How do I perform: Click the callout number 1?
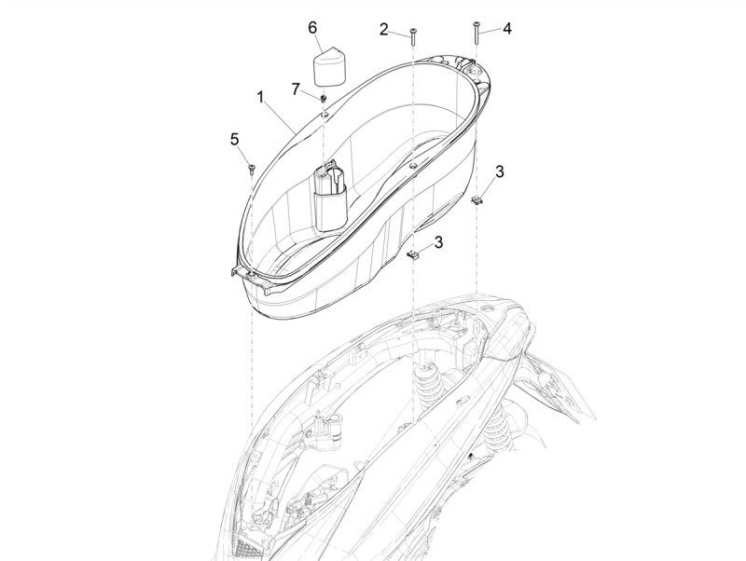pyautogui.click(x=260, y=98)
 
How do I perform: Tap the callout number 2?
pyautogui.click(x=383, y=30)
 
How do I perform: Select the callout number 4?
pyautogui.click(x=507, y=29)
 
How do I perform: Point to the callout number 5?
pyautogui.click(x=235, y=139)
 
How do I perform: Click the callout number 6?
pyautogui.click(x=312, y=28)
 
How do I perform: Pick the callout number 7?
pyautogui.click(x=296, y=89)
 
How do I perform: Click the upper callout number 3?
pyautogui.click(x=499, y=171)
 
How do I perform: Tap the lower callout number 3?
pyautogui.click(x=438, y=242)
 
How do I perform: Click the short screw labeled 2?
pyautogui.click(x=412, y=36)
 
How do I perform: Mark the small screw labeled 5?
pyautogui.click(x=252, y=168)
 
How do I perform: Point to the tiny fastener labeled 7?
pyautogui.click(x=323, y=99)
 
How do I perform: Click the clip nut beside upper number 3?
pyautogui.click(x=477, y=200)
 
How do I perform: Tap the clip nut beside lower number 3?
pyautogui.click(x=413, y=255)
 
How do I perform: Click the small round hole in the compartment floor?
pyautogui.click(x=412, y=166)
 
